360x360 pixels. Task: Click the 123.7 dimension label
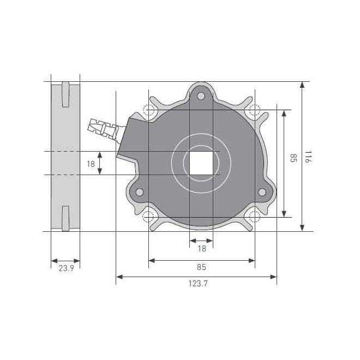(x=198, y=284)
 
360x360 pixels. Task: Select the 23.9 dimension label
(x=66, y=268)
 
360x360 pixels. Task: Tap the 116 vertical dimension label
(x=308, y=157)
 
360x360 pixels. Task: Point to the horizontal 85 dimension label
(x=201, y=267)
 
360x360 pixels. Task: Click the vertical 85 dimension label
(x=293, y=158)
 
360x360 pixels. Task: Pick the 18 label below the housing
(x=202, y=249)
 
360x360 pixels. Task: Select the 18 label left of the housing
(x=91, y=164)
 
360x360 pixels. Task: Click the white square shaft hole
(x=201, y=163)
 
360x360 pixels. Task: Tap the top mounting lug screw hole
(x=201, y=96)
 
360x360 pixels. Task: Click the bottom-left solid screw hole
(x=139, y=192)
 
